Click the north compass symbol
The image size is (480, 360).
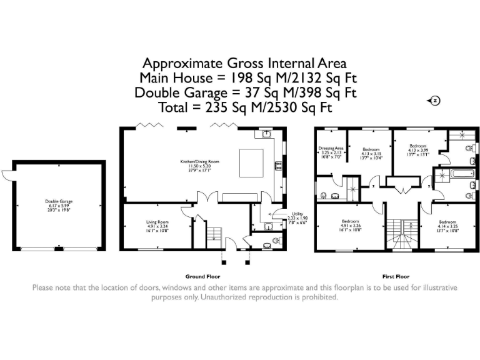point(435,101)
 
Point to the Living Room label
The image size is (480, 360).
point(157,226)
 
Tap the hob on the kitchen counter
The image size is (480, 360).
point(276,166)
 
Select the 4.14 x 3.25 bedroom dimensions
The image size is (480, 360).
point(448,229)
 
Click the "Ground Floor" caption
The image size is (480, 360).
point(202,276)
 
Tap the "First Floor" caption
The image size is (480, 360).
point(396,276)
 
